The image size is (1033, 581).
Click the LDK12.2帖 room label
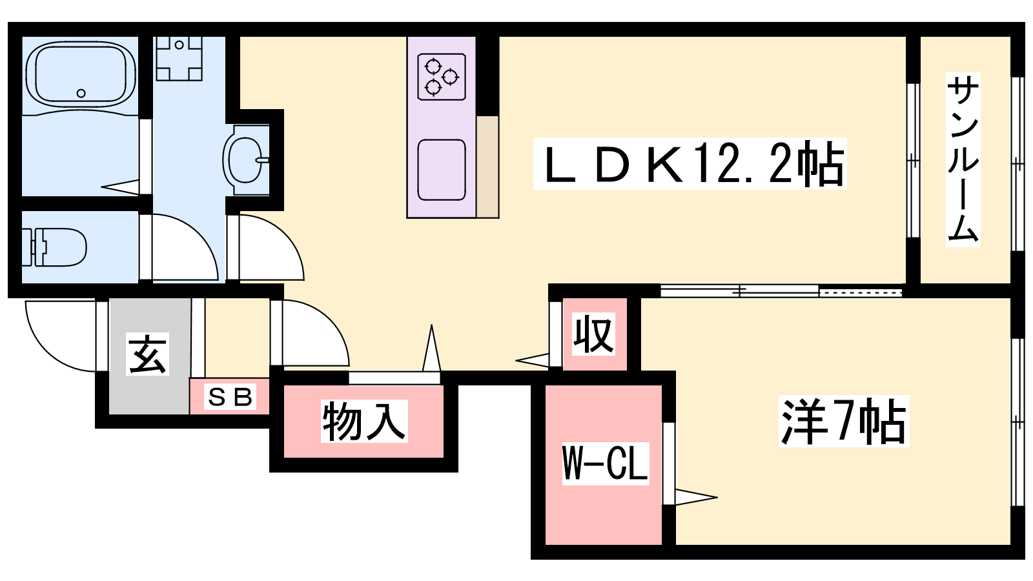[690, 164]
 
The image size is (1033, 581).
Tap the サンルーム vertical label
[963, 159]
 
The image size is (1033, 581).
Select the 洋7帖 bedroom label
[843, 421]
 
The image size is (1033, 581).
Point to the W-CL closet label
[606, 464]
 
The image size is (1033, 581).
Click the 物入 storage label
[364, 421]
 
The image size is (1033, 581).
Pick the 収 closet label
[593, 334]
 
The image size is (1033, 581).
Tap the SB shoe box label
[230, 397]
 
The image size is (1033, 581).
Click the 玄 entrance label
[148, 354]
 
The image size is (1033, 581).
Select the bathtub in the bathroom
[81, 75]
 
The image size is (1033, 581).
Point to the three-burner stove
[442, 77]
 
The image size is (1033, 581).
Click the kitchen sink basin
[442, 170]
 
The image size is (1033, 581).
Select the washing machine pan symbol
[179, 58]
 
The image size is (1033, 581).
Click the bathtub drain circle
[81, 93]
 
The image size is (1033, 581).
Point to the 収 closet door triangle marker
[532, 360]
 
